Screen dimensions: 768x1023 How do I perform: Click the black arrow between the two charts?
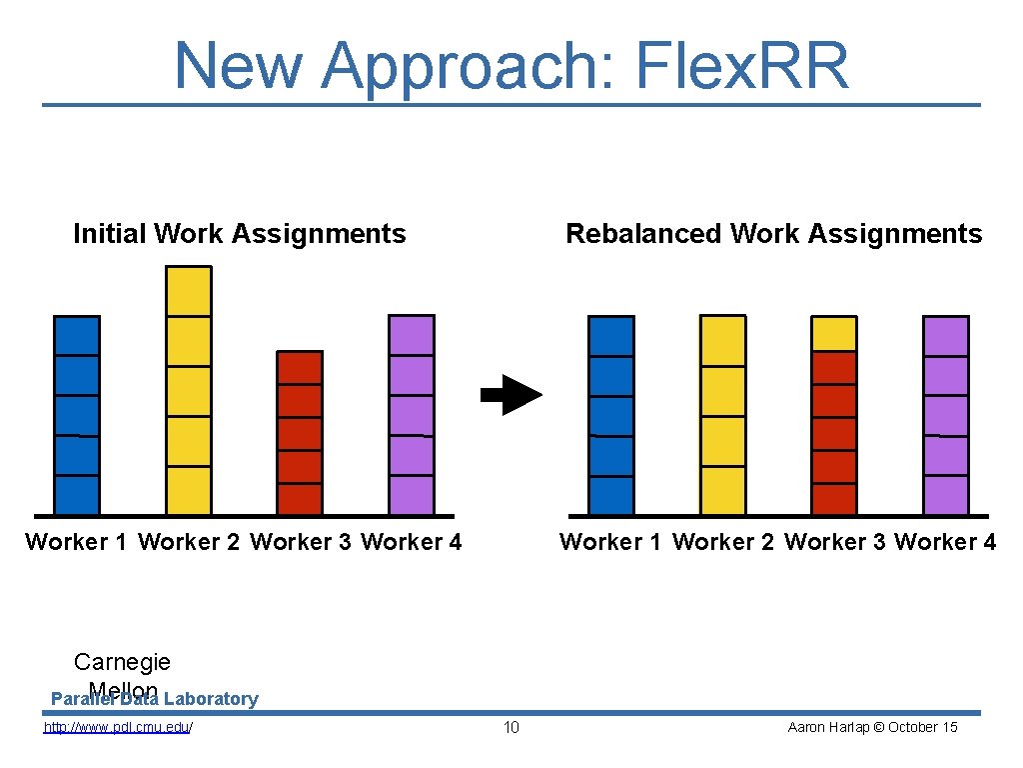[511, 394]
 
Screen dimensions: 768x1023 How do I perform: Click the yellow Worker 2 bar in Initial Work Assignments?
[189, 390]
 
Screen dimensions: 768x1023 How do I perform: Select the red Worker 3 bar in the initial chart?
[300, 432]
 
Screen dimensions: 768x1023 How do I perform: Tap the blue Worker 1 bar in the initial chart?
[77, 415]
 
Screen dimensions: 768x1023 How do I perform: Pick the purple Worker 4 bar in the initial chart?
[412, 415]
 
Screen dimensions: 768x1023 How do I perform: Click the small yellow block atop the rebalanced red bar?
[833, 333]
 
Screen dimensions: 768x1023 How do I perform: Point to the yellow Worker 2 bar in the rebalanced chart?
[722, 415]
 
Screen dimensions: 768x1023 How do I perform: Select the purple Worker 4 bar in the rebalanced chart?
[945, 415]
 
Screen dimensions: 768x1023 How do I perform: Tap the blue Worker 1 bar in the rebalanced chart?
[611, 415]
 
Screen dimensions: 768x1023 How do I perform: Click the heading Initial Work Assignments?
[240, 234]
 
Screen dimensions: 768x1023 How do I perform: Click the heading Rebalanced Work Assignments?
[774, 234]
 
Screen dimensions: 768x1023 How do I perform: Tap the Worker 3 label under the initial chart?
[301, 542]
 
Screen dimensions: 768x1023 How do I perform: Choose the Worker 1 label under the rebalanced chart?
[610, 542]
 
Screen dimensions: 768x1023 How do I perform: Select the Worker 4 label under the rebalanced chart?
[945, 542]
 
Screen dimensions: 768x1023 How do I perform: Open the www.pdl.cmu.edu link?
[118, 727]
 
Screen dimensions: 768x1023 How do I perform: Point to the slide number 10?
[511, 727]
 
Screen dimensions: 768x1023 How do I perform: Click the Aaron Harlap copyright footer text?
[872, 727]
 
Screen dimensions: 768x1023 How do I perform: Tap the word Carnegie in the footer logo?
[122, 661]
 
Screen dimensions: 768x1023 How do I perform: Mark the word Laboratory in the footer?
[211, 699]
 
